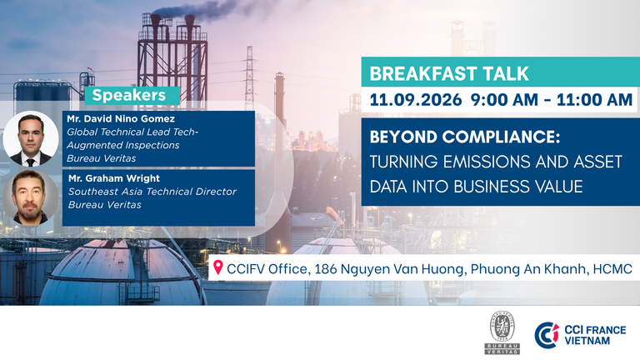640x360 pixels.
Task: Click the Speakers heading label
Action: (129, 95)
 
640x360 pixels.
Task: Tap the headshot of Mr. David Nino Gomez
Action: (31, 139)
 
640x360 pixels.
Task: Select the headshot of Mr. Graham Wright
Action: (31, 198)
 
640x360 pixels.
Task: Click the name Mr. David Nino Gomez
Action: (121, 119)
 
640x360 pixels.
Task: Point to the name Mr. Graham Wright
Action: (114, 178)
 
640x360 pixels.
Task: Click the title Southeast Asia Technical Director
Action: (152, 192)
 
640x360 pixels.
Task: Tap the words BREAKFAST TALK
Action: (449, 74)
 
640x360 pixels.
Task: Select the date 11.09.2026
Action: (416, 100)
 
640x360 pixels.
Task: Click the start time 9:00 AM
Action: (504, 100)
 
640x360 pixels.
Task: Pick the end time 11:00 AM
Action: (594, 100)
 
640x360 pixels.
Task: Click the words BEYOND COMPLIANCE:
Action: (465, 137)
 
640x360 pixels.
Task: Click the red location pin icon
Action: (218, 267)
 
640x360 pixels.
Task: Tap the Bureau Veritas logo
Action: (502, 332)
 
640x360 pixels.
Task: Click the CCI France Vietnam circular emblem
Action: (547, 335)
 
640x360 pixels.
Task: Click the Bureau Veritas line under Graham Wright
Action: (105, 204)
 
